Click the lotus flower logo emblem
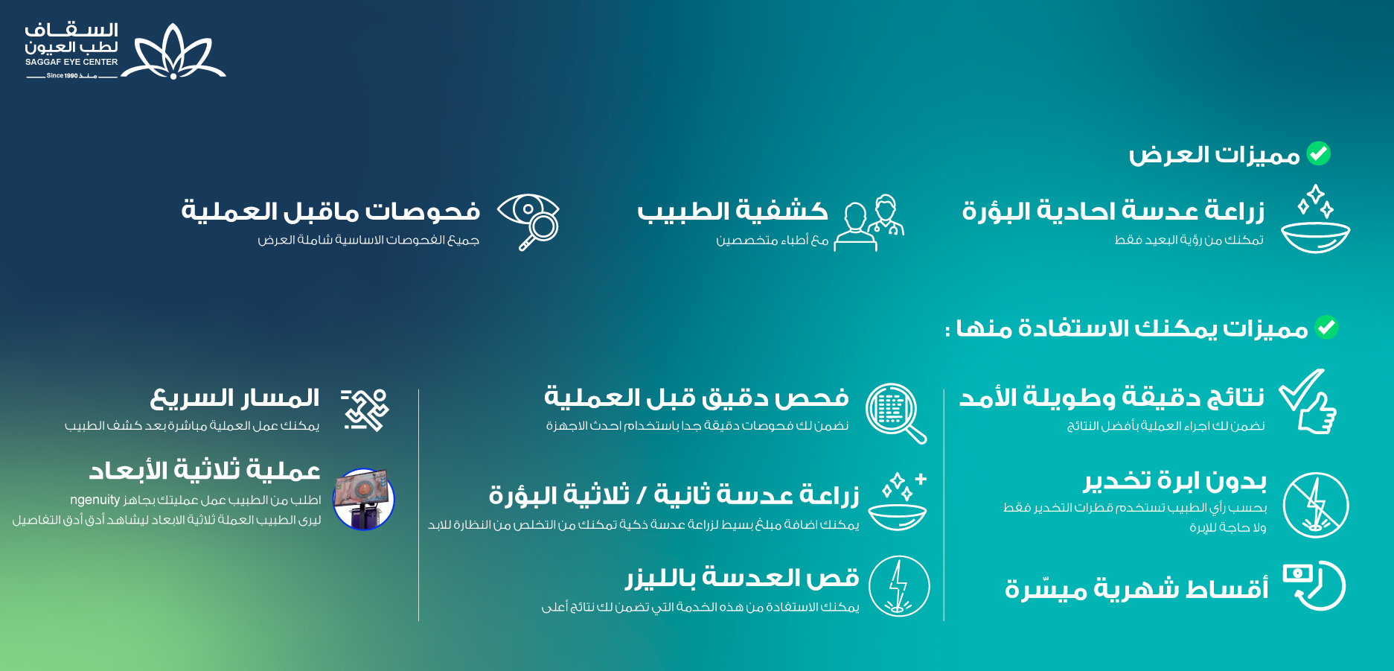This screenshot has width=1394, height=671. tap(173, 51)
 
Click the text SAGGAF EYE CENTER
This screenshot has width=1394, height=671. tap(71, 62)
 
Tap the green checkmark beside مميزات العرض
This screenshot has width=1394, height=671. tap(1319, 153)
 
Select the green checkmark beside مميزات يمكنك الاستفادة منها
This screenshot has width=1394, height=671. tap(1326, 327)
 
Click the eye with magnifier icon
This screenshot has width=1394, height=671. tap(528, 222)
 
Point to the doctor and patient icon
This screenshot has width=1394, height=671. tap(869, 223)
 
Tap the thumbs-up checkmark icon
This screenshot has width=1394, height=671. tap(1308, 401)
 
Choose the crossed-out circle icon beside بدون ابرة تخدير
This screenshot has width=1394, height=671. tap(1316, 505)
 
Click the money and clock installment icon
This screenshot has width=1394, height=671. tap(1314, 585)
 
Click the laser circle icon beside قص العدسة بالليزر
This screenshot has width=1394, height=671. tap(899, 586)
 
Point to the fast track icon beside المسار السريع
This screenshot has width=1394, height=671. tap(365, 410)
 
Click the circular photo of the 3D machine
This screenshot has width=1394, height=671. tap(363, 499)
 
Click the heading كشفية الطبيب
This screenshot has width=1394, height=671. tap(732, 212)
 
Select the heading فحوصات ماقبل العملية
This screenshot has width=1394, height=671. tap(330, 212)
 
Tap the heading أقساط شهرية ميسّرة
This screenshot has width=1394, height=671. tap(1136, 588)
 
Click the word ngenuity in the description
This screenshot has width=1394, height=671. tap(95, 500)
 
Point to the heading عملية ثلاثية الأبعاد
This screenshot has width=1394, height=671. tap(205, 471)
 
